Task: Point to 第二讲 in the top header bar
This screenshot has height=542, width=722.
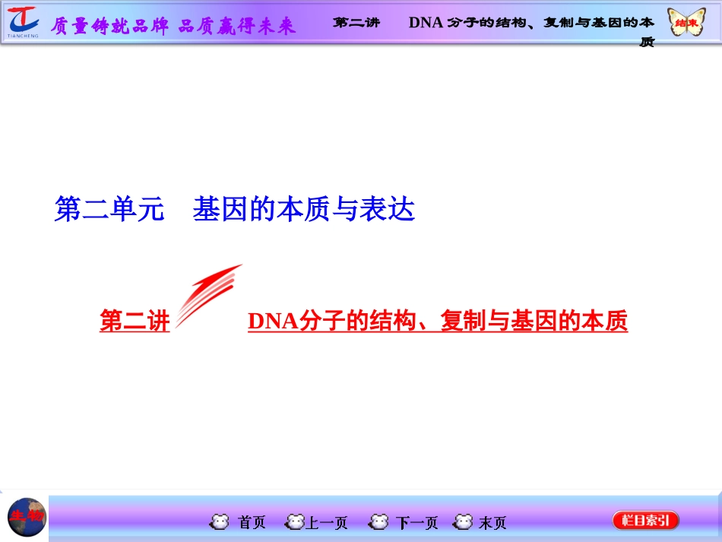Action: pos(356,22)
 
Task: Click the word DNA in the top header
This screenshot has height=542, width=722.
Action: pos(425,22)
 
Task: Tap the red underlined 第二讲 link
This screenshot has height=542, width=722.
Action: pos(135,322)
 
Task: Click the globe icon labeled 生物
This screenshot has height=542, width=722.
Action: pos(27,518)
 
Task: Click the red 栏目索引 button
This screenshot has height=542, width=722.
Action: pos(645,521)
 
